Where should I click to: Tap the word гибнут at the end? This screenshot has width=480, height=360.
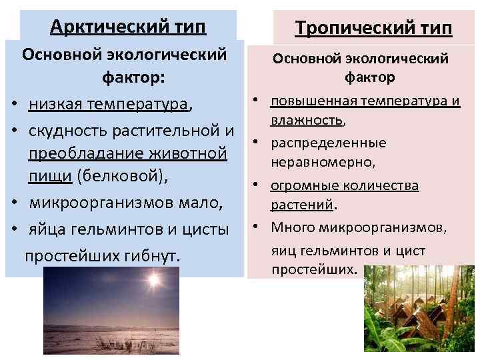coord(152,256)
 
